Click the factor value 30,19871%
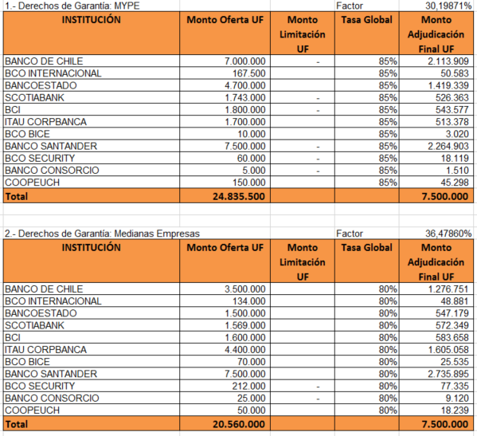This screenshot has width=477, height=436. point(448,6)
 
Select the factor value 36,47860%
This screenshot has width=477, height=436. point(448,234)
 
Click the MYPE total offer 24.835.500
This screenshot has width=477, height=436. point(239,196)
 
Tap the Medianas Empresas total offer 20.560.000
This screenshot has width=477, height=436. point(239,424)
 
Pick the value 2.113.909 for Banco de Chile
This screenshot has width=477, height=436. point(448,61)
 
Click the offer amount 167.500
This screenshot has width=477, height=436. point(249,73)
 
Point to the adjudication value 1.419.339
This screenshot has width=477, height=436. point(448,85)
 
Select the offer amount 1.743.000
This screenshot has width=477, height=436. point(245,98)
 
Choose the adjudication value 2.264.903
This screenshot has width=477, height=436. point(448,146)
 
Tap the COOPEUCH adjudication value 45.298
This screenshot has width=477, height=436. point(455,183)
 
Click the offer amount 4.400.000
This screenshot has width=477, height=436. point(245,350)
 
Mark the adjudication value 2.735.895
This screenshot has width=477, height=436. point(448,374)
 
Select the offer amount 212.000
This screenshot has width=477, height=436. point(248,386)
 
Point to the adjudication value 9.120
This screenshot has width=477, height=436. point(457,399)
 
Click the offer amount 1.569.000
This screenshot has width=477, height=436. point(245,325)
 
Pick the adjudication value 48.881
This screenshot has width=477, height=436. point(455,301)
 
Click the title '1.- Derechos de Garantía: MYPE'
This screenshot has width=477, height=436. point(72,6)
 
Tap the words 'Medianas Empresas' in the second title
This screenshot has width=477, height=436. point(157,234)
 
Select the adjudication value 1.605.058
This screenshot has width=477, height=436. point(448,350)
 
